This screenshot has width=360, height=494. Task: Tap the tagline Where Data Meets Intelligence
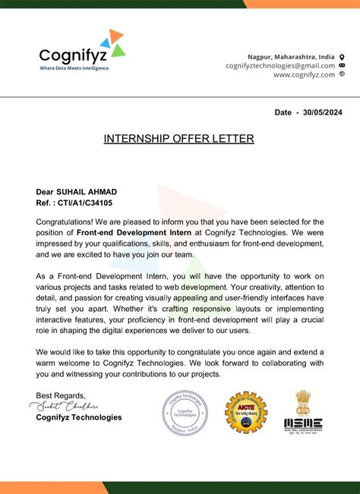coord(74,68)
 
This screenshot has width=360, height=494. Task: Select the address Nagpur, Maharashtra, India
coord(291,57)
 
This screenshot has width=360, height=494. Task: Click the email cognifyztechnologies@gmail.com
coord(280,65)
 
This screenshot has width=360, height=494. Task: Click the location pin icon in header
coord(342,57)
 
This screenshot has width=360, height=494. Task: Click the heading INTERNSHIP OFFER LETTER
coord(179,139)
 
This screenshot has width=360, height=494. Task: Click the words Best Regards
coord(61,395)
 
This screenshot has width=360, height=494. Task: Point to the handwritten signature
coord(68,406)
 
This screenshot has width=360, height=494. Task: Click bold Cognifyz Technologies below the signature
coord(79,417)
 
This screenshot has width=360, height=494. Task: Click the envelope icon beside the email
coord(342,65)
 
